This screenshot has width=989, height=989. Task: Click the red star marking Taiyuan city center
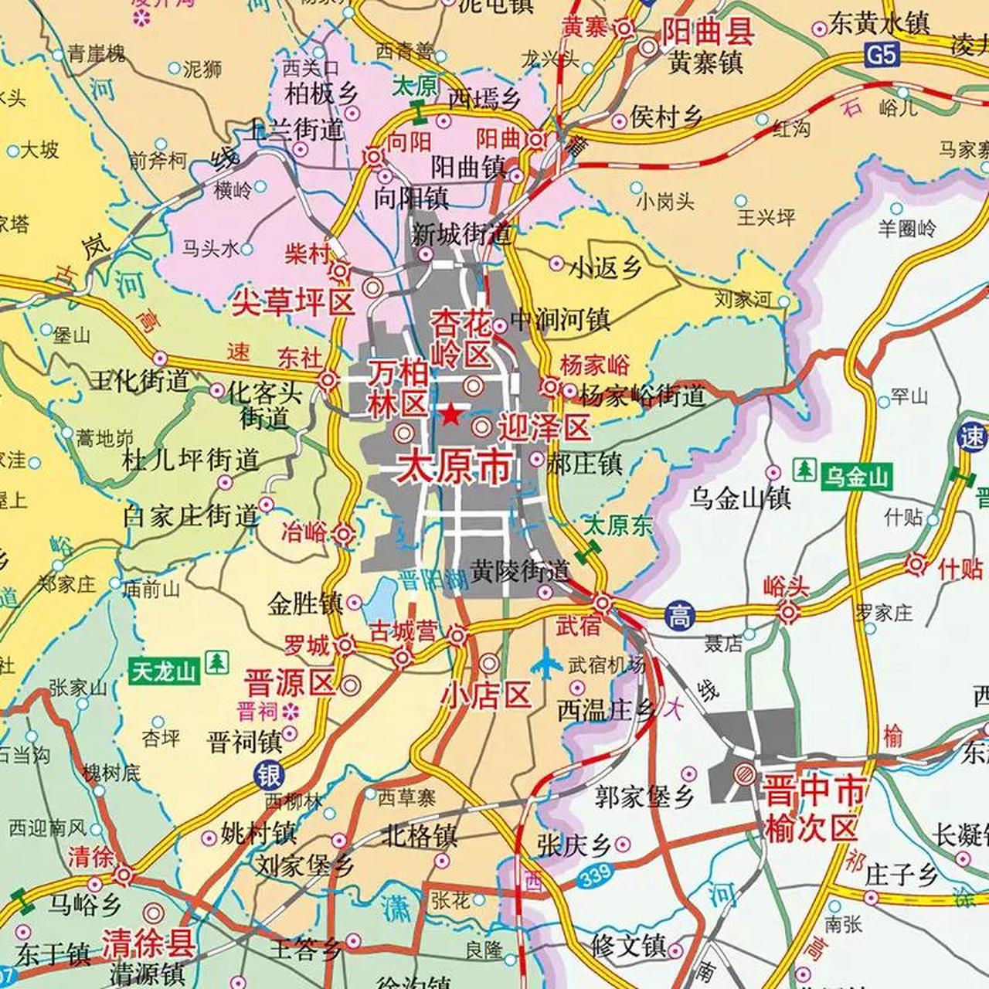[x=451, y=416]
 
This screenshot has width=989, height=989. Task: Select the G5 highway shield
[x=882, y=55]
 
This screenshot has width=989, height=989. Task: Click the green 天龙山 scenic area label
[x=164, y=671]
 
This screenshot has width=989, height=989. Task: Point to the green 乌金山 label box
[x=855, y=477]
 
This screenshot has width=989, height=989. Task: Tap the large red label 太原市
[x=454, y=467]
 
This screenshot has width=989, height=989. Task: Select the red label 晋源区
[x=290, y=683]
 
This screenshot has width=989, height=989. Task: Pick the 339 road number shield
[x=594, y=874]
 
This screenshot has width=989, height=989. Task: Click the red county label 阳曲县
[x=708, y=32]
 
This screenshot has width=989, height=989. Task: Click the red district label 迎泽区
[x=544, y=427]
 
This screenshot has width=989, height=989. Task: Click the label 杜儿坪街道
[x=190, y=461]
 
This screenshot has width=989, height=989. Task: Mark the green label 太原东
[x=617, y=526]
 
